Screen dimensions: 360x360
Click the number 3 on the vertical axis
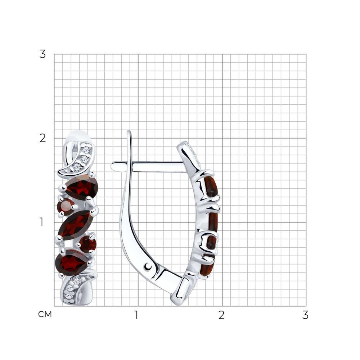pyautogui.click(x=42, y=54)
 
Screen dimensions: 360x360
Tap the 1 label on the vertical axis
pyautogui.click(x=41, y=222)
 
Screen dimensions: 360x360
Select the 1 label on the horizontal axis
pyautogui.click(x=136, y=315)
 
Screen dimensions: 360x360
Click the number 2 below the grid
pyautogui.click(x=221, y=315)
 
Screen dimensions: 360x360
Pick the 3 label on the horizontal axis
pyautogui.click(x=305, y=315)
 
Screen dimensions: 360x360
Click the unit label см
pyautogui.click(x=45, y=314)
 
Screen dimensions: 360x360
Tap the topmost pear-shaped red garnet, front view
pyautogui.click(x=81, y=186)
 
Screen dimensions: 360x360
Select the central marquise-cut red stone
pyautogui.click(x=75, y=225)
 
